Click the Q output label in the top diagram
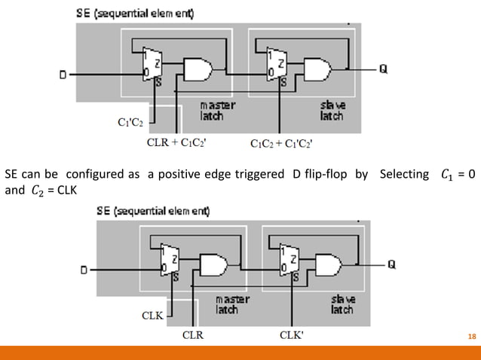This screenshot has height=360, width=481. [384, 69]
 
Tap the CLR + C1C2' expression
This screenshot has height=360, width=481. [175, 141]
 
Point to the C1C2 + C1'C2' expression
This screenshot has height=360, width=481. [281, 141]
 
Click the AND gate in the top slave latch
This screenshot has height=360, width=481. [315, 70]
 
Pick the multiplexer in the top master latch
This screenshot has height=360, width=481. [152, 63]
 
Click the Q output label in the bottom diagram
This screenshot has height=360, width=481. [392, 264]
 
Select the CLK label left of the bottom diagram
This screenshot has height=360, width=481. [152, 316]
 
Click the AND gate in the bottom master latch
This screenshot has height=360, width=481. [213, 265]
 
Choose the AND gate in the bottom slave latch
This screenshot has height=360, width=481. [327, 265]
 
